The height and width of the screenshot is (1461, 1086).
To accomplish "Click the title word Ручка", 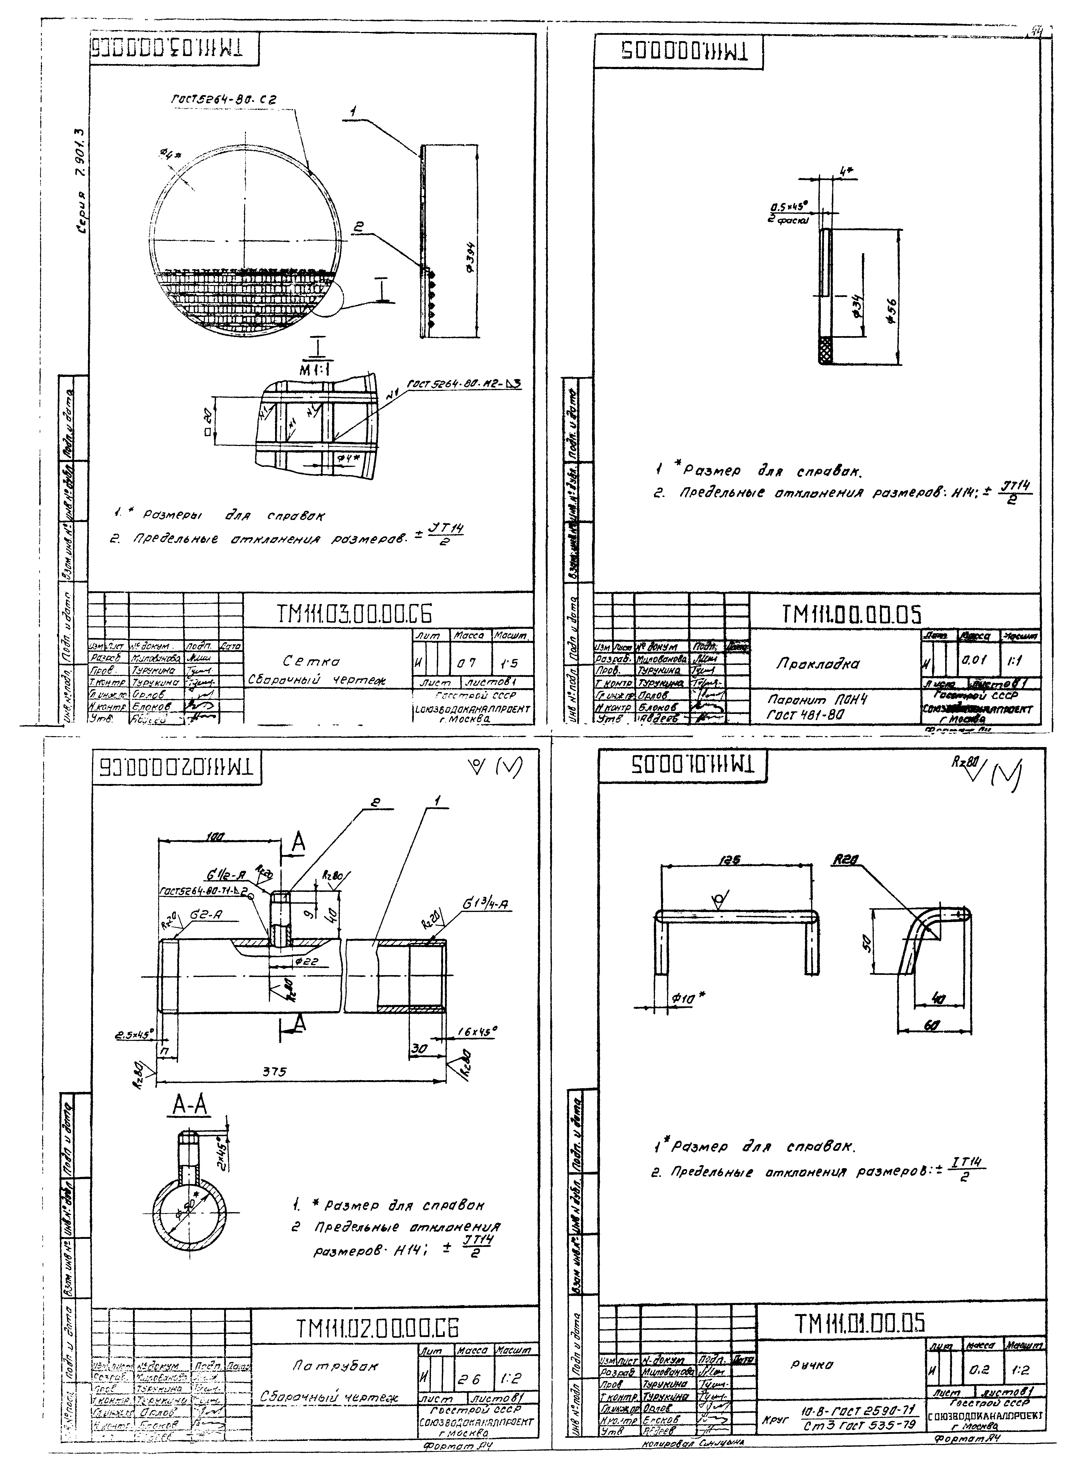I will pyautogui.click(x=809, y=1365).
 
